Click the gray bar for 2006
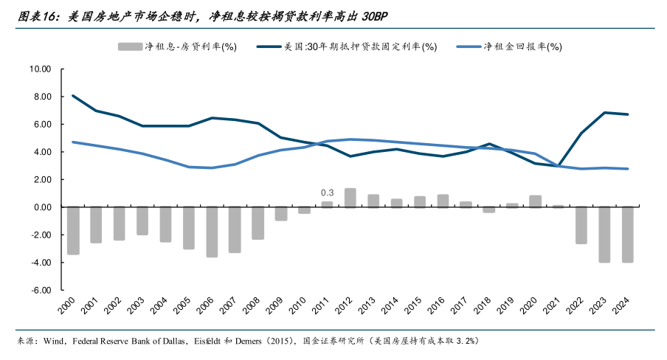coord(212,232)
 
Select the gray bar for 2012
coord(350,198)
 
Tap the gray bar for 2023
coord(604,235)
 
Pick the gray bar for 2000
coord(73,230)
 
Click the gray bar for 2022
coord(581,225)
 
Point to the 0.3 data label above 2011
coord(327,193)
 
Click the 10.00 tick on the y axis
coord(40,69)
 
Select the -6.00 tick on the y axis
coord(41,290)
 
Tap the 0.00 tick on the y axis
coord(41,207)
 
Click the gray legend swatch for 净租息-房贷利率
coord(130,47)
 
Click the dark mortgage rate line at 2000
coord(73,96)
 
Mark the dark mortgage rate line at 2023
coord(604,113)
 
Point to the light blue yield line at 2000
coord(73,142)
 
